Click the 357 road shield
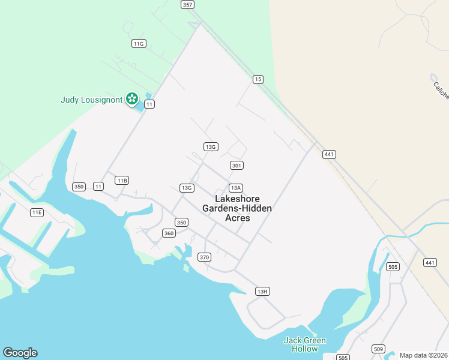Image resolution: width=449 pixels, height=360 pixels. pyautogui.click(x=187, y=4)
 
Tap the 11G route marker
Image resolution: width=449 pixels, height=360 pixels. pyautogui.click(x=139, y=43)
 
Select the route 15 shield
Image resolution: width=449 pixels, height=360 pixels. pyautogui.click(x=258, y=79)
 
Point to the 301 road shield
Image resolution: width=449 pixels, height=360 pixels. pyautogui.click(x=237, y=165)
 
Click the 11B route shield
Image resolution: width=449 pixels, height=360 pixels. pyautogui.click(x=122, y=180)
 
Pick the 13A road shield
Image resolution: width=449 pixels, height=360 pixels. pyautogui.click(x=235, y=188)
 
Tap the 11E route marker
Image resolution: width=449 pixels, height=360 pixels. pyautogui.click(x=37, y=212)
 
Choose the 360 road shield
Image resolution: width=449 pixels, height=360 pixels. pyautogui.click(x=169, y=233)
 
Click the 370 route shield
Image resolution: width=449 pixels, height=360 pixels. pyautogui.click(x=204, y=257)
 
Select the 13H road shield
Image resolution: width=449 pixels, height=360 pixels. pyautogui.click(x=262, y=291)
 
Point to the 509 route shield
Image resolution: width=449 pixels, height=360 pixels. pyautogui.click(x=378, y=349)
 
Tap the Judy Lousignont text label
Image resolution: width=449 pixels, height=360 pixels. pyautogui.click(x=91, y=100)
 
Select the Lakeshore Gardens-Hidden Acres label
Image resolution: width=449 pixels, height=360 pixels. pyautogui.click(x=237, y=208)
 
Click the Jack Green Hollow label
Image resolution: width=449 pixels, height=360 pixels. pyautogui.click(x=305, y=344)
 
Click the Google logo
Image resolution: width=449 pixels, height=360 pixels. pyautogui.click(x=20, y=353)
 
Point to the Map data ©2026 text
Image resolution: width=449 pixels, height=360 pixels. pyautogui.click(x=424, y=355)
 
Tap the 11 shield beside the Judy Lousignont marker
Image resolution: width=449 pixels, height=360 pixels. pyautogui.click(x=149, y=104)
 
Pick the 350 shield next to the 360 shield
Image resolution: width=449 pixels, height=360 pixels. pyautogui.click(x=181, y=222)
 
